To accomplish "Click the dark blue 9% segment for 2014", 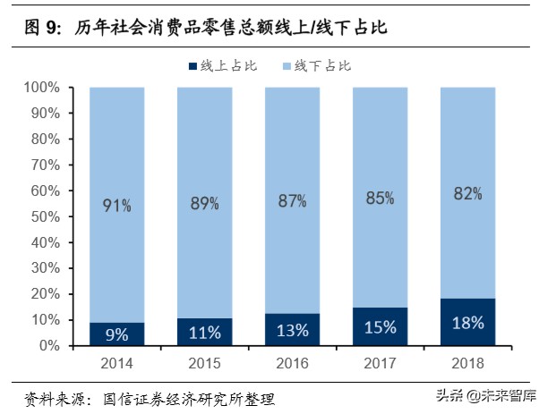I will tap(116, 334).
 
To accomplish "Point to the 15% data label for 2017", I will tap(380, 328).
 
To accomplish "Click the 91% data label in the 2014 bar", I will tap(116, 206).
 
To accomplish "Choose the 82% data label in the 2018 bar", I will tap(467, 193).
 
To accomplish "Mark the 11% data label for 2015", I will tap(204, 333).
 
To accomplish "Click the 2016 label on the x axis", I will tap(292, 362).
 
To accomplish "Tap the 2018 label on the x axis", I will tap(467, 362).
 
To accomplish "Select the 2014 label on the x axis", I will tap(116, 362).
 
